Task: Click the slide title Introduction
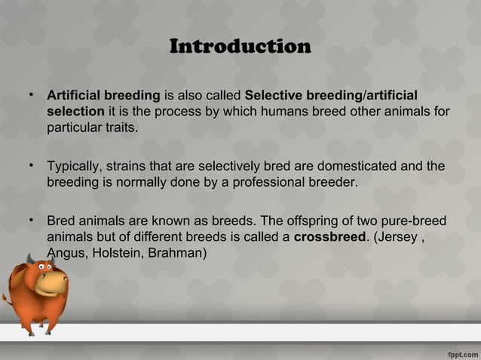click(240, 47)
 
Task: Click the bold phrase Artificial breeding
click(104, 96)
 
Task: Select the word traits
click(122, 127)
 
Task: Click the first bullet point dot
click(31, 96)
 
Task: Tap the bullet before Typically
click(31, 166)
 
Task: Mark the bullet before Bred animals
click(31, 221)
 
